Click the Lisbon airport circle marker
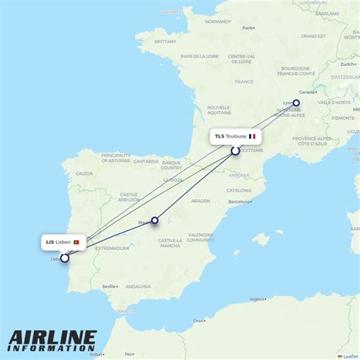[x=65, y=257]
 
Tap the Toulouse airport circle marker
[x=235, y=150]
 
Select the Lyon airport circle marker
[x=296, y=103]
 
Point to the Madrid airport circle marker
[x=154, y=221]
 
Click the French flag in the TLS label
[x=252, y=137]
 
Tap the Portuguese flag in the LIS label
[x=77, y=242]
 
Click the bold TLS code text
[x=219, y=137]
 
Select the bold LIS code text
[x=50, y=242]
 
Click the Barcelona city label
[x=238, y=202]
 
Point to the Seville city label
[x=109, y=286]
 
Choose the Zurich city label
[x=348, y=65]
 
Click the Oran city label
[x=199, y=321]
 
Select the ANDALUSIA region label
[x=137, y=286]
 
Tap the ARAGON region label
[x=201, y=201]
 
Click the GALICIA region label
[x=84, y=173]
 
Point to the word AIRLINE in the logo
[x=53, y=337]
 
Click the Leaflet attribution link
[x=349, y=356]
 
